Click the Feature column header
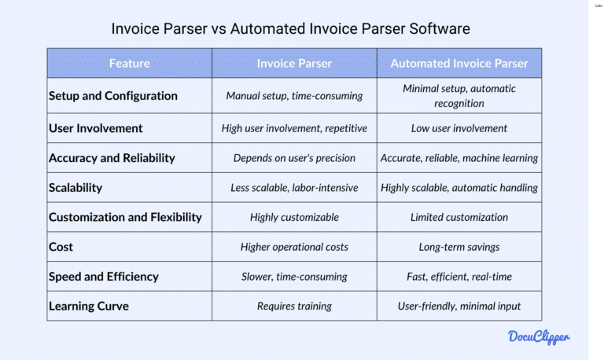tap(129, 63)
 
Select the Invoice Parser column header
tap(294, 63)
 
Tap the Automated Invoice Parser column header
tap(459, 63)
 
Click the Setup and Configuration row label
tap(113, 96)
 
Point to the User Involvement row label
tap(96, 128)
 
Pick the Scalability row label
tap(75, 188)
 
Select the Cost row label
tap(61, 247)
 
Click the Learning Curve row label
tap(90, 306)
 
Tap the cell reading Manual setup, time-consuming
tap(294, 96)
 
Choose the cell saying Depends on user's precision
tap(294, 158)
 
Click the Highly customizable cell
tap(294, 217)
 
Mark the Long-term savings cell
tap(459, 247)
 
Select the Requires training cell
tap(294, 306)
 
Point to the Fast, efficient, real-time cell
tap(459, 277)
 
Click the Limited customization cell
tap(459, 217)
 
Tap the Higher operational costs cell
tap(294, 247)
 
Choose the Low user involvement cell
tap(459, 128)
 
